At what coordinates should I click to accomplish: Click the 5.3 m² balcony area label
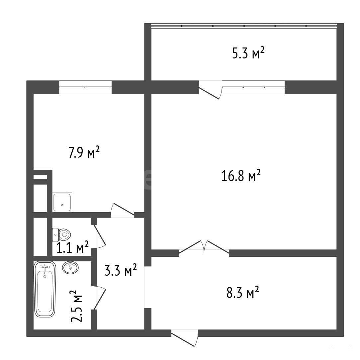pyautogui.click(x=248, y=53)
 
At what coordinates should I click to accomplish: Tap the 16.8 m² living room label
pyautogui.click(x=241, y=176)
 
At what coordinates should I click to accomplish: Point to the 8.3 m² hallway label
pyautogui.click(x=243, y=292)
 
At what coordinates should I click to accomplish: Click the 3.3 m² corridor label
pyautogui.click(x=121, y=270)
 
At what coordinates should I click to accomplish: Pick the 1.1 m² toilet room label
pyautogui.click(x=72, y=247)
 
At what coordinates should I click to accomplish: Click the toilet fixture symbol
pyautogui.click(x=61, y=235)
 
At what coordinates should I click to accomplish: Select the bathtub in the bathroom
pyautogui.click(x=45, y=289)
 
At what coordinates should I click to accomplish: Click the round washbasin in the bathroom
pyautogui.click(x=70, y=267)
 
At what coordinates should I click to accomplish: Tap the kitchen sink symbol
pyautogui.click(x=62, y=202)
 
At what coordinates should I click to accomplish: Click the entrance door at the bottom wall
pyautogui.click(x=185, y=338)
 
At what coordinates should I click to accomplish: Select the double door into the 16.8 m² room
pyautogui.click(x=204, y=247)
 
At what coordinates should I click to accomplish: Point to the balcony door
pyautogui.click(x=210, y=90)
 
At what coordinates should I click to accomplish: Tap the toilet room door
pyautogui.click(x=99, y=237)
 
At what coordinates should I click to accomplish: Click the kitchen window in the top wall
pyautogui.click(x=85, y=87)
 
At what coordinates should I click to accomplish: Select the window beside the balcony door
pyautogui.click(x=253, y=87)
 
